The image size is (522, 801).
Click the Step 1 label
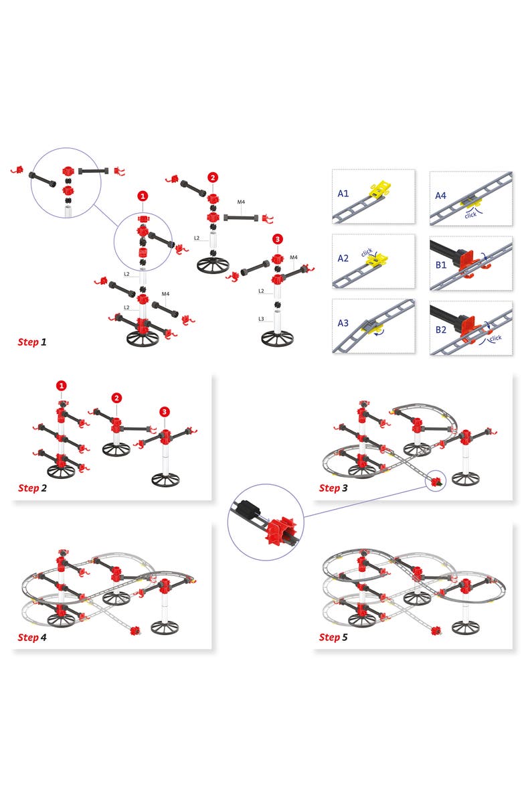tap(32, 342)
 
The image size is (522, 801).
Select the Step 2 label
tap(32, 488)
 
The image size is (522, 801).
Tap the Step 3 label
tap(333, 488)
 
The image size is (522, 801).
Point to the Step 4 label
tap(32, 637)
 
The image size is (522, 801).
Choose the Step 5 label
tap(333, 637)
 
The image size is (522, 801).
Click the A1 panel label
tap(343, 194)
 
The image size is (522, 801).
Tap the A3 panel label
tap(343, 323)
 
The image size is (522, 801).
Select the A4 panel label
tap(440, 196)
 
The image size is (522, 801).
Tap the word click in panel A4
tap(471, 216)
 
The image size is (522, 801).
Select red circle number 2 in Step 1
tap(213, 177)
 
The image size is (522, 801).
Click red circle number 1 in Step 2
tap(62, 386)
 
